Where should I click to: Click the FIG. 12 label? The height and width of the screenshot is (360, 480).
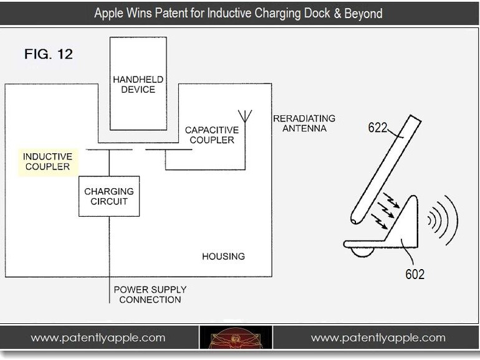click(x=49, y=54)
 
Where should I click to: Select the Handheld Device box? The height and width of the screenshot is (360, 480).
click(x=138, y=83)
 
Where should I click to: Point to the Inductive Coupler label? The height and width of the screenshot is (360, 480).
click(x=48, y=161)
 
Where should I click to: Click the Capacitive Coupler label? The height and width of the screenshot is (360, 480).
click(x=212, y=135)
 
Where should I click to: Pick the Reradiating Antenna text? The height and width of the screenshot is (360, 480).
click(x=304, y=123)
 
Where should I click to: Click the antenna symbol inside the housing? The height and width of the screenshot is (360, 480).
click(x=244, y=116)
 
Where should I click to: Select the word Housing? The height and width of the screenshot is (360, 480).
click(x=223, y=256)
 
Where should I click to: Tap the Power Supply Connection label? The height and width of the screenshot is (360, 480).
click(x=150, y=295)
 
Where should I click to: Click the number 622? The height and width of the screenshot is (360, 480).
click(x=377, y=128)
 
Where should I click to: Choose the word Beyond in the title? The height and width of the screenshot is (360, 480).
click(x=362, y=12)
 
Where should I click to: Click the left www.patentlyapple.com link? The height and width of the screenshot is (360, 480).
click(x=98, y=338)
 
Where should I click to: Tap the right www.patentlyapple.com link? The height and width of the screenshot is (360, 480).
click(x=378, y=338)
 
